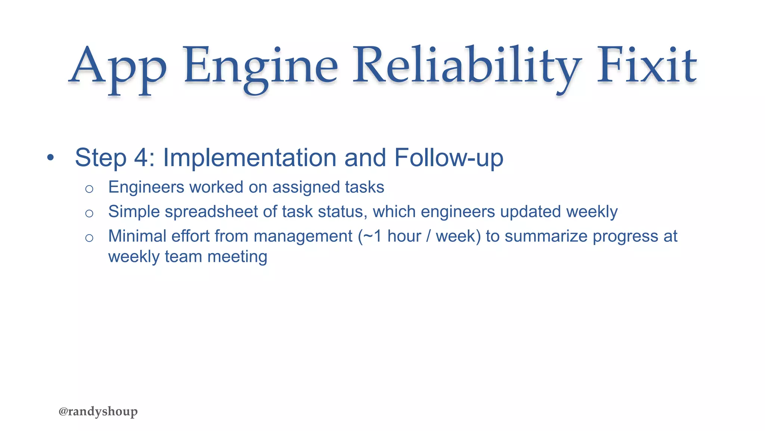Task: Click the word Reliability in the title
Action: [x=467, y=65]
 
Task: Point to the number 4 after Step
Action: [x=141, y=158]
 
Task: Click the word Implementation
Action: [x=250, y=158]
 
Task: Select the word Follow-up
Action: [x=449, y=158]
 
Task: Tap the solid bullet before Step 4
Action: [x=51, y=158]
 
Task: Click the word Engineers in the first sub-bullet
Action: [x=146, y=187]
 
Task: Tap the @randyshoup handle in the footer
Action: [x=98, y=411]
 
